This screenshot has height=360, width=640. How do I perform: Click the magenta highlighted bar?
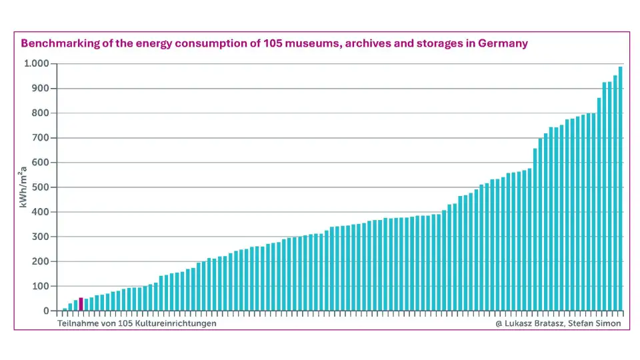81,304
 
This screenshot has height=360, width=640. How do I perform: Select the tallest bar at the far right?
620,189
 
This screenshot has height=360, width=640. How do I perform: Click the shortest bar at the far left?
65,309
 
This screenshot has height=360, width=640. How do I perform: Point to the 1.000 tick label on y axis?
37,64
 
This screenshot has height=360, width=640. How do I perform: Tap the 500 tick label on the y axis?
41,187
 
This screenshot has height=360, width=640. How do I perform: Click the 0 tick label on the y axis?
46,311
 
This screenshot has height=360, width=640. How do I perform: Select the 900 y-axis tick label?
41,89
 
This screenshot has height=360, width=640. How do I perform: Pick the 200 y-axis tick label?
41,261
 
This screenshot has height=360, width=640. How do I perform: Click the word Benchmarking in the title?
57,43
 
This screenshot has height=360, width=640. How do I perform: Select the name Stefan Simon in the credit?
595,323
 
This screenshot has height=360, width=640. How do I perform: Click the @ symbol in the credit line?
499,323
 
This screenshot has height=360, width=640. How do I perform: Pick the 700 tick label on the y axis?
41,138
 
